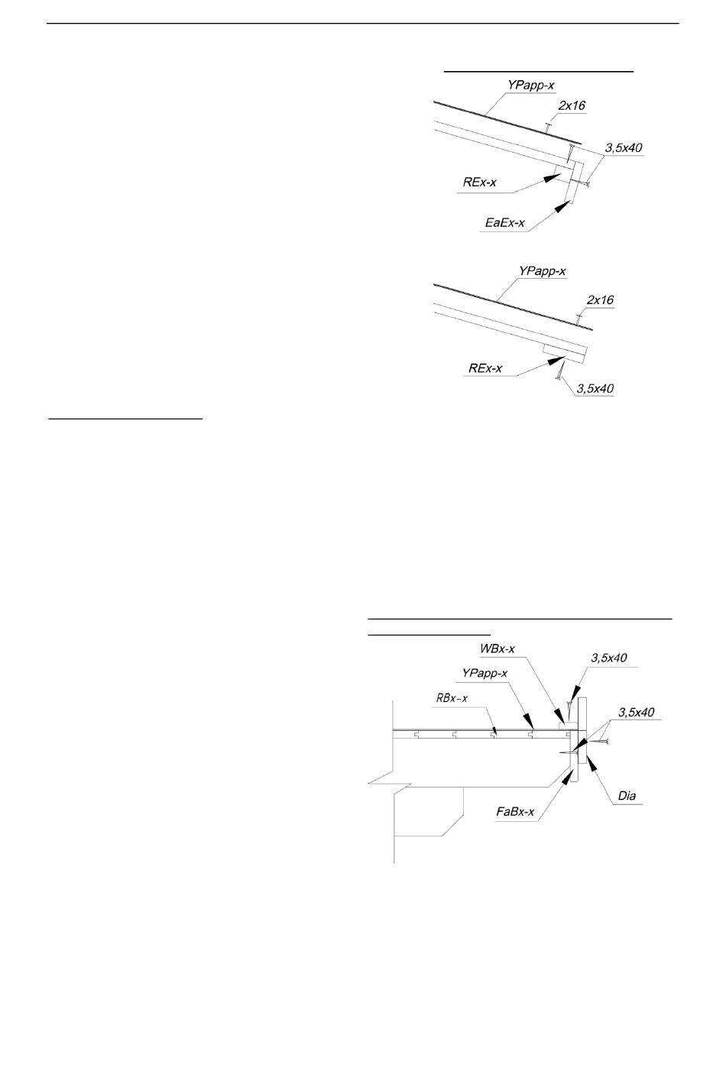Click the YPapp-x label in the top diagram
530,86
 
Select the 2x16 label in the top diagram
572,105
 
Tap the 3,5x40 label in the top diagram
624,148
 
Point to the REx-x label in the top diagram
479,182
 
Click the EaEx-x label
505,222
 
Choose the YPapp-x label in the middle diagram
542,271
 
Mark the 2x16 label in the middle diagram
600,300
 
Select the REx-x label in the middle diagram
485,368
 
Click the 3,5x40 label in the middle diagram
595,389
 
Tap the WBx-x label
498,648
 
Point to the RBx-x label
452,698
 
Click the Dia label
627,796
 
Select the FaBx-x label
515,812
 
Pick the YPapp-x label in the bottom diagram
485,673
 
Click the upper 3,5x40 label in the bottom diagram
609,658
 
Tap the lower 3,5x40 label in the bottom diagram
636,712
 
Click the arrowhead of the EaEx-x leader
565,206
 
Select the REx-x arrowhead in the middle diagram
557,361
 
